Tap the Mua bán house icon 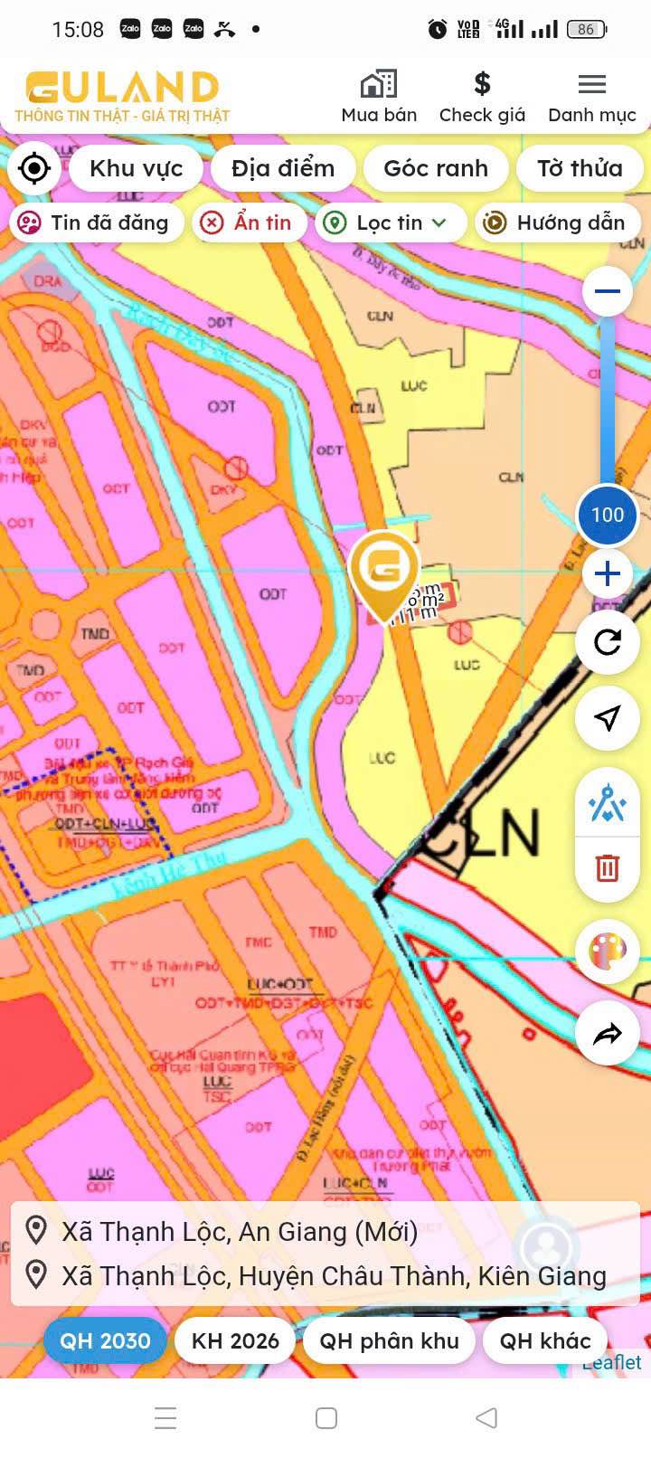(379, 85)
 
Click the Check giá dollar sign (482, 84)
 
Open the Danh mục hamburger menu (592, 85)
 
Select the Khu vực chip (136, 168)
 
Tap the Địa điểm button (283, 168)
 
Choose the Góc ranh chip (436, 168)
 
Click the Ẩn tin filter (247, 222)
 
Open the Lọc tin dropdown (389, 222)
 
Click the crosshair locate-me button (34, 168)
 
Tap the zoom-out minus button (607, 291)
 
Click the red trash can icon (607, 868)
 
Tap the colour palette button (607, 951)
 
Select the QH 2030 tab (105, 1340)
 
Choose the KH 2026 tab (235, 1340)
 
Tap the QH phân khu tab (389, 1340)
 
